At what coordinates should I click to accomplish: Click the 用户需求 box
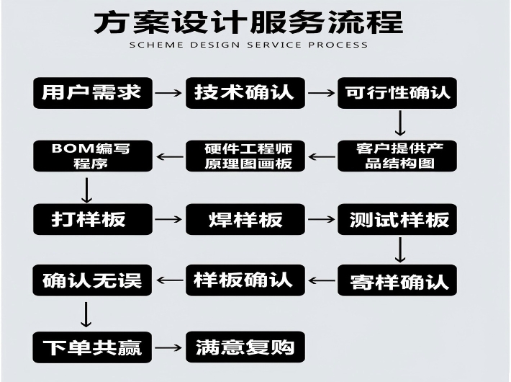[93, 93]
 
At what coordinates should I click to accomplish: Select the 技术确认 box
[245, 93]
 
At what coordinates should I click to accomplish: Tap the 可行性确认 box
[397, 93]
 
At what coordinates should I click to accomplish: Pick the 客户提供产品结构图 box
[397, 156]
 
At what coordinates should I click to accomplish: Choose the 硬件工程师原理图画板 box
[245, 156]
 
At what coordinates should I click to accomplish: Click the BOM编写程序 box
[93, 156]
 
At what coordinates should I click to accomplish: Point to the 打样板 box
[93, 219]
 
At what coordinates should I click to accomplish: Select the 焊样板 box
[245, 219]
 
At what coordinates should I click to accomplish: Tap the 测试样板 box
[397, 219]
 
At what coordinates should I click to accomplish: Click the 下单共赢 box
[93, 347]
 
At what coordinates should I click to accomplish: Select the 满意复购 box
[245, 347]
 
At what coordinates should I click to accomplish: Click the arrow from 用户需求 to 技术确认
[169, 93]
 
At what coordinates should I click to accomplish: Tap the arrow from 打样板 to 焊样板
[169, 219]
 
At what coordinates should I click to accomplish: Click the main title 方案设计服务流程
[248, 21]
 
